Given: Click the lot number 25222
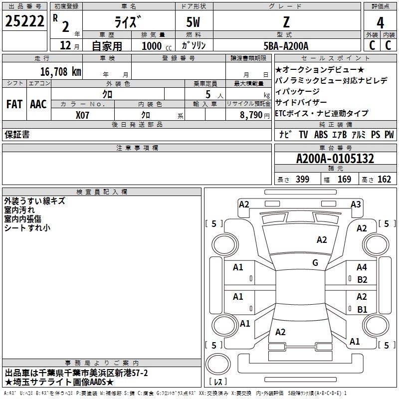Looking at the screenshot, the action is [x=24, y=21].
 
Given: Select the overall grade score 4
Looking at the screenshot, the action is [x=380, y=23].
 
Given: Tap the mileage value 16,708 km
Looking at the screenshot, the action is [x=60, y=72].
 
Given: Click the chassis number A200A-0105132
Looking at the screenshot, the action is [x=335, y=159].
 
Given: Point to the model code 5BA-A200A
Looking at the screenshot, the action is [x=286, y=46].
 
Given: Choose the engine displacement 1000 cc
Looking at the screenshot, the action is [x=157, y=46].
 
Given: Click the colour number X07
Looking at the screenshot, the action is [x=82, y=115].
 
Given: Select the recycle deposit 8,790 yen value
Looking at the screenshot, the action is [x=255, y=115].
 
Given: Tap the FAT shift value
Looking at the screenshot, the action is [x=14, y=104].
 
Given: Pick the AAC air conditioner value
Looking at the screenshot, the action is [x=38, y=104].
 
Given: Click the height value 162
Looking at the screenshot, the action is [x=384, y=180].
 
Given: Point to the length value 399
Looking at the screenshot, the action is [x=303, y=180].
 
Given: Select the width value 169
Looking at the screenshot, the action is [x=344, y=180].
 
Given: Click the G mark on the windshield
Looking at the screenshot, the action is [x=315, y=263].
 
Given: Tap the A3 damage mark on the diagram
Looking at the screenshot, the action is [x=356, y=204].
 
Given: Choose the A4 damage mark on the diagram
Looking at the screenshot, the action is [x=362, y=267].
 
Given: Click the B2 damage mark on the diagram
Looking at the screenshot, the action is [x=362, y=280].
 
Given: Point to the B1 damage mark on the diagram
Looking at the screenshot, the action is [x=362, y=309].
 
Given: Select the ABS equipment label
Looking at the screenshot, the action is [x=321, y=135].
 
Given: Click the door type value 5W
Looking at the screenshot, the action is [x=193, y=22].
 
